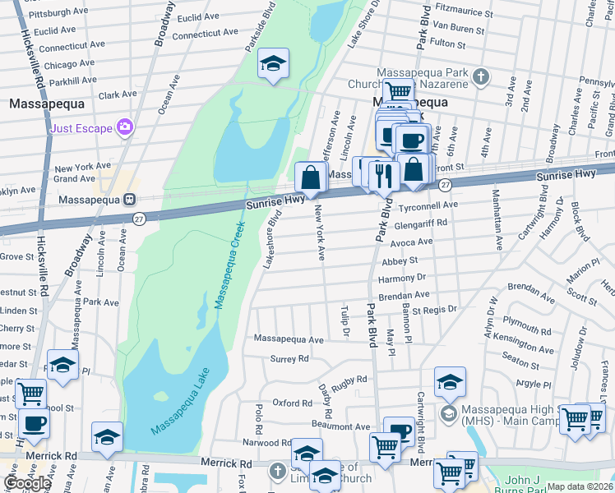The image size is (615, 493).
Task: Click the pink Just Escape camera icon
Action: click(x=125, y=126)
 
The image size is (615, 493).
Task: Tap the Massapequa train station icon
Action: click(x=129, y=200)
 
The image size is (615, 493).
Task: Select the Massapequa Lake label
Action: click(x=181, y=402)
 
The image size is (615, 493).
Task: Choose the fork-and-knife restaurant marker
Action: click(x=383, y=174)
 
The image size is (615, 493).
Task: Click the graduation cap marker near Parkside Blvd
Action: click(x=273, y=64)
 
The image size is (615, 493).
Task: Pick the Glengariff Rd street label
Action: click(x=420, y=223)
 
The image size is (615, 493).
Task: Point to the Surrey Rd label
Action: click(x=289, y=359)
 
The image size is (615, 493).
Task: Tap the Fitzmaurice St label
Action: click(x=465, y=14)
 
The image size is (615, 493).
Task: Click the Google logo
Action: click(x=27, y=482)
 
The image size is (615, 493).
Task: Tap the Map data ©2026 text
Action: click(x=579, y=486)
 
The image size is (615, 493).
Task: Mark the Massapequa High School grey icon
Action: click(x=449, y=412)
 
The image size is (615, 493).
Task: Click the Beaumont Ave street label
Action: click(x=340, y=426)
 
